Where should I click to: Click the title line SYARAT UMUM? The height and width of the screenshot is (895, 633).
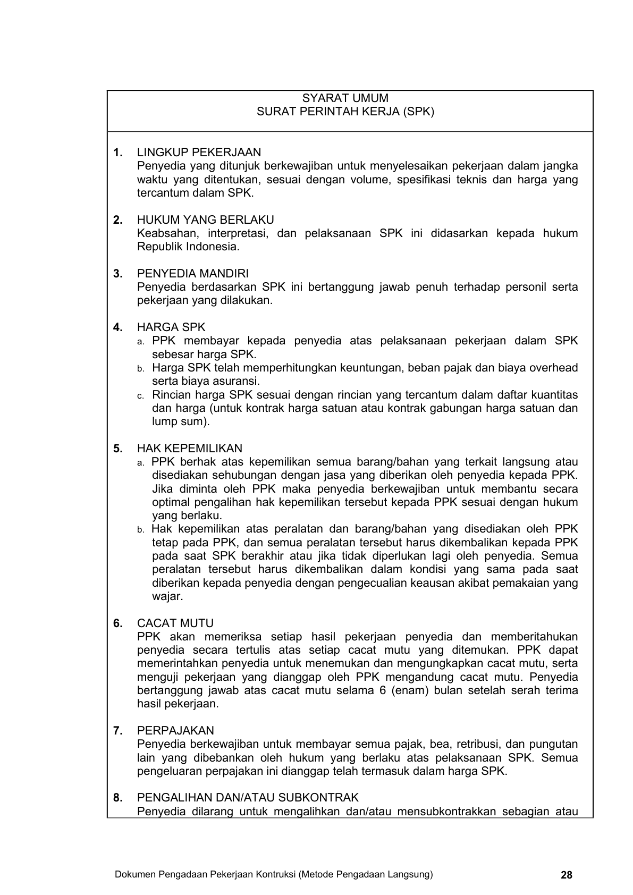[x=345, y=98]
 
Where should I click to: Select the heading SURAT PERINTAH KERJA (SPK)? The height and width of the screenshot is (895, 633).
[x=345, y=112]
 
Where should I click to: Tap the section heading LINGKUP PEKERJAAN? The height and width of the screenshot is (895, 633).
[x=199, y=153]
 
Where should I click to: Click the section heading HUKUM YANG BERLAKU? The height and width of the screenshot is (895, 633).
[x=205, y=220]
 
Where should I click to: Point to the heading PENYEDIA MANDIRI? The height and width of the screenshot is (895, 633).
[x=192, y=274]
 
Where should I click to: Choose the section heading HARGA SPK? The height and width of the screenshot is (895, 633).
[x=171, y=327]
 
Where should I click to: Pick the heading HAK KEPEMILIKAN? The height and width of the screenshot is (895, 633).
[x=189, y=449]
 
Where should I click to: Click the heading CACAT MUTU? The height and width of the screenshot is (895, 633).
[x=175, y=623]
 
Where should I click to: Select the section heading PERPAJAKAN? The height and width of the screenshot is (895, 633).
[x=175, y=731]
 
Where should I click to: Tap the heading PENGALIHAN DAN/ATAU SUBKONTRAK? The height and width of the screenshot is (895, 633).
[x=248, y=798]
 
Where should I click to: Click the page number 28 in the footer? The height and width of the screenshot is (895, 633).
[x=567, y=875]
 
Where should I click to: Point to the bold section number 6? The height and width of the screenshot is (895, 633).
[x=117, y=623]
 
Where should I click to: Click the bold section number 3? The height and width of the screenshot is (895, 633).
[x=117, y=274]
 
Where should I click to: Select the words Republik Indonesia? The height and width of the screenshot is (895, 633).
[x=188, y=247]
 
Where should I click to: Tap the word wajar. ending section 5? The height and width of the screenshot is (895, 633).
[x=167, y=596]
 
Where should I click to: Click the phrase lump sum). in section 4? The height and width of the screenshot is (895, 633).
[x=181, y=421]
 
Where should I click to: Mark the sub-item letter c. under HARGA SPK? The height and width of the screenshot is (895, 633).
[x=141, y=395]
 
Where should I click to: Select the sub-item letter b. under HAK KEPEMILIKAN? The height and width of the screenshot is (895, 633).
[x=141, y=530]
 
